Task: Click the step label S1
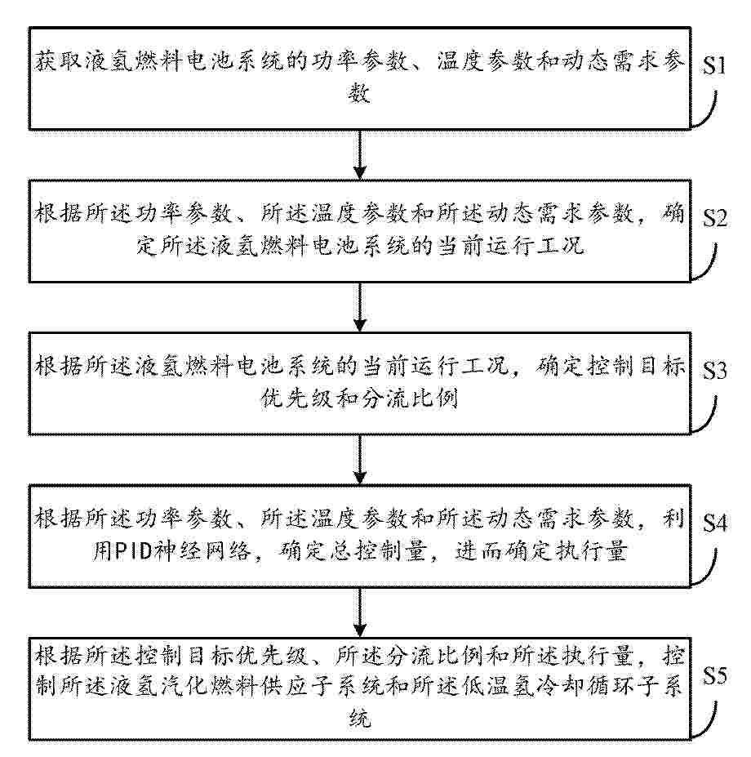[713, 65]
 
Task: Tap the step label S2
[714, 218]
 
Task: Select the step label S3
[714, 370]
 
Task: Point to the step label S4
[714, 523]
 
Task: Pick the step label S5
[714, 675]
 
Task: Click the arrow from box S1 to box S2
[359, 154]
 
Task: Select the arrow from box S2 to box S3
[359, 307]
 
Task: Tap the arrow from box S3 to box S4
[359, 460]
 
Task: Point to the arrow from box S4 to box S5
[359, 612]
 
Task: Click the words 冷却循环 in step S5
[584, 686]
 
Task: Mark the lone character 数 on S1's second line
[359, 93]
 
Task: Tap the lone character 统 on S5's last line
[359, 718]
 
